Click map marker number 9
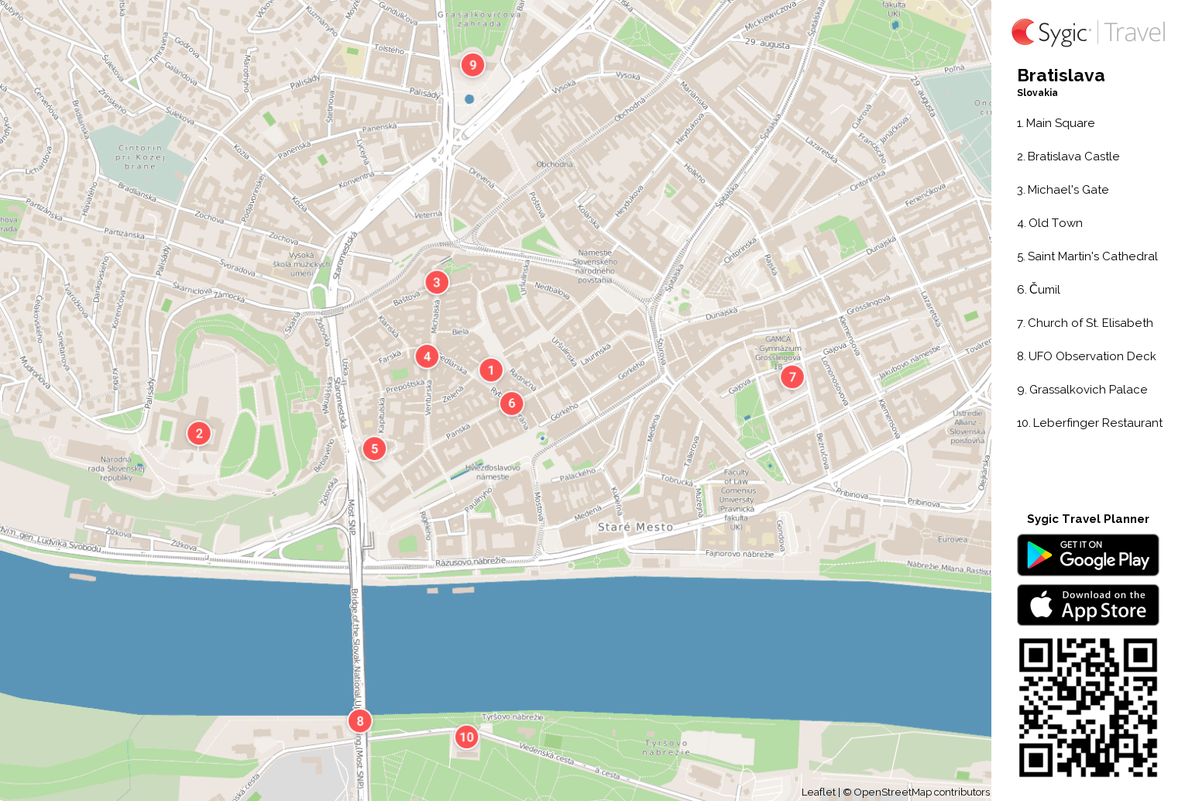(x=472, y=65)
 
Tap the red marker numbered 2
(x=199, y=434)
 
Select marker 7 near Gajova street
(x=792, y=377)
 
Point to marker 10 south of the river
(x=466, y=737)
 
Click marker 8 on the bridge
(x=359, y=721)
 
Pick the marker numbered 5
(x=374, y=449)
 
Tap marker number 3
(x=437, y=283)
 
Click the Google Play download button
(x=1087, y=555)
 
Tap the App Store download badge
(x=1087, y=605)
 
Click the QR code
(x=1087, y=707)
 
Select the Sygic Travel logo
(x=1087, y=33)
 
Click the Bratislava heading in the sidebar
(x=1060, y=76)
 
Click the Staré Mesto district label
(x=635, y=528)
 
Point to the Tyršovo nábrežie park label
(x=666, y=748)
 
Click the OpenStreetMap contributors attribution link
(x=921, y=792)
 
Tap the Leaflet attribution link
(x=818, y=792)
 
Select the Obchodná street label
(x=555, y=164)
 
